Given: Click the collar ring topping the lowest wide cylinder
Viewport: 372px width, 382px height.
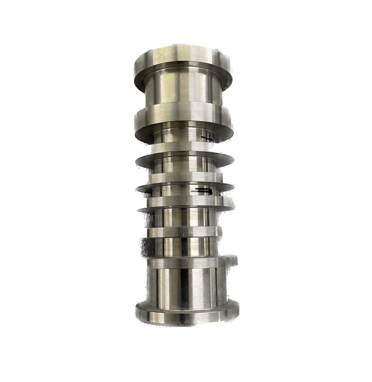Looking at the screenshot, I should coord(184,262).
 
